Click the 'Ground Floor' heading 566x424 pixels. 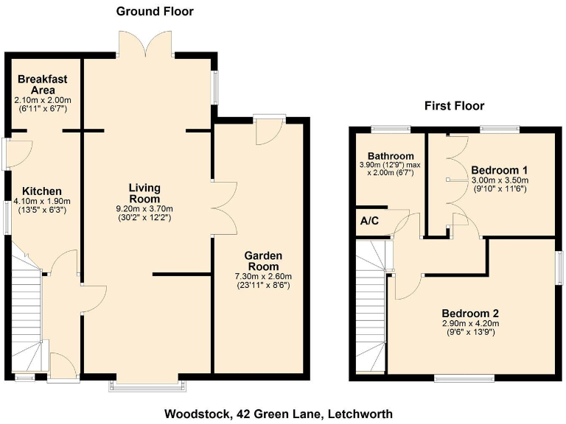[155, 11]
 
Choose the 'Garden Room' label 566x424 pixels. [263, 261]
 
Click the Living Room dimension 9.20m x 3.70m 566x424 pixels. [145, 209]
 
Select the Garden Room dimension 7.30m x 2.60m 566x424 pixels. [263, 277]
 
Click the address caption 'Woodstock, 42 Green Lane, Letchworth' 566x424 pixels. [279, 413]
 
